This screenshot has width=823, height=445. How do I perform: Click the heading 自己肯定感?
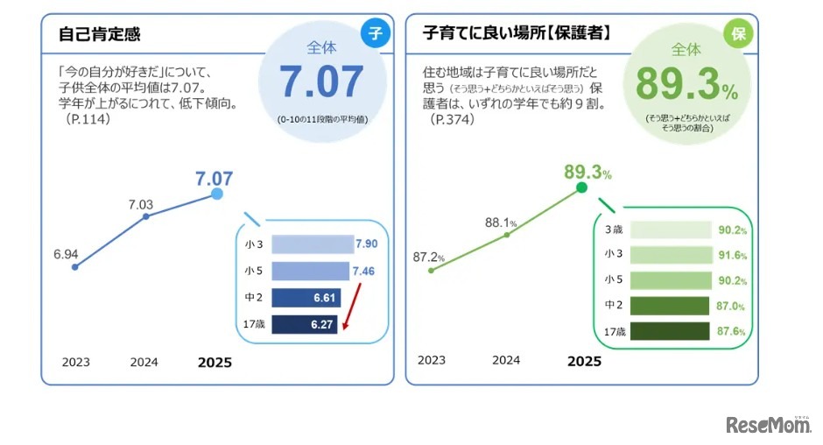pyautogui.click(x=99, y=35)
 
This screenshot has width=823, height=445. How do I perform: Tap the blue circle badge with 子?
pyautogui.click(x=376, y=34)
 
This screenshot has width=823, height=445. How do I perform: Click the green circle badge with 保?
pyautogui.click(x=737, y=34)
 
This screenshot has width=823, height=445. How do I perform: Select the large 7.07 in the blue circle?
pyautogui.click(x=321, y=82)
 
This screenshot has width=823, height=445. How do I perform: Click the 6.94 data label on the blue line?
pyautogui.click(x=66, y=254)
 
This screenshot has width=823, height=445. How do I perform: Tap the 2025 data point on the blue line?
pyautogui.click(x=217, y=194)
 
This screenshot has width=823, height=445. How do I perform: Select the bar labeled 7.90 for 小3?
pyautogui.click(x=312, y=244)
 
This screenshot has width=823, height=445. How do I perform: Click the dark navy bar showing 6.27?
pyautogui.click(x=305, y=325)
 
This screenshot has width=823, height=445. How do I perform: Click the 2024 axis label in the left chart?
pyautogui.click(x=144, y=361)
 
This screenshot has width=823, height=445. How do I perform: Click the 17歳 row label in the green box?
pyautogui.click(x=617, y=332)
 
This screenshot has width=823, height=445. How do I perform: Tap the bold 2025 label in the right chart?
pyautogui.click(x=584, y=361)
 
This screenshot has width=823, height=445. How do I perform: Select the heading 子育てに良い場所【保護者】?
pyautogui.click(x=517, y=35)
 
